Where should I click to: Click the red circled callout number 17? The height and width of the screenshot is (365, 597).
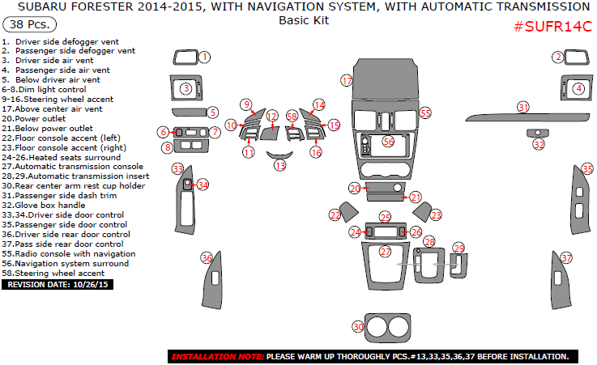point(348,81)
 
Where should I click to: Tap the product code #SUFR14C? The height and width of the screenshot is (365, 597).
point(552,27)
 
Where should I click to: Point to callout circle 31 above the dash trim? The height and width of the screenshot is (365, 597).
point(523,107)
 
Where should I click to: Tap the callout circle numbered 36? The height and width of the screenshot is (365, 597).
point(207,258)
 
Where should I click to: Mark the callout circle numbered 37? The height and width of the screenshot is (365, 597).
point(567,258)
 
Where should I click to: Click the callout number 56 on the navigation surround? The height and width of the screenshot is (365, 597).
point(388,142)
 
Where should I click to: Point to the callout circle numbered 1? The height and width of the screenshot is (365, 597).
point(205,57)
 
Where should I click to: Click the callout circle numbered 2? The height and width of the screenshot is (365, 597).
point(557,57)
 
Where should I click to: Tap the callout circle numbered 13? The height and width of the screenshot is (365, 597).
point(280,165)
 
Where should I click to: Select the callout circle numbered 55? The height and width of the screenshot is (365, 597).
point(425,113)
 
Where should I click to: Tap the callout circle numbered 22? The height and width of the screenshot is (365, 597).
point(335,214)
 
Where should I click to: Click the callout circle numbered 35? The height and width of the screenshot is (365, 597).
point(587,169)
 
